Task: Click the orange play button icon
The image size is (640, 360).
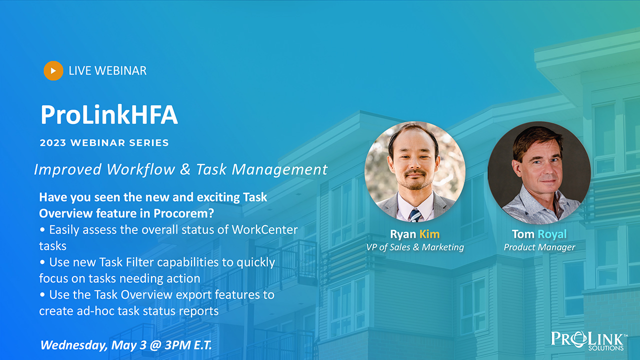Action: click(53, 70)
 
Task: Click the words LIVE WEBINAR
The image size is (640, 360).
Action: click(107, 71)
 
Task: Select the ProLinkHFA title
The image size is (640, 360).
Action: click(109, 115)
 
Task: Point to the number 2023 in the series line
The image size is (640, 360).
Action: click(53, 143)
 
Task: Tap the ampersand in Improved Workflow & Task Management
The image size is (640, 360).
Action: click(185, 169)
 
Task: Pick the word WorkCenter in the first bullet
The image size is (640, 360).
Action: click(265, 229)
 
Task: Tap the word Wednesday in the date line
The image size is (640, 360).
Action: click(74, 345)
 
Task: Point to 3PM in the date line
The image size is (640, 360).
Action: click(177, 345)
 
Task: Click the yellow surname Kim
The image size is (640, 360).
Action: click(429, 234)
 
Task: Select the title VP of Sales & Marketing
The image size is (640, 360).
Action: click(415, 247)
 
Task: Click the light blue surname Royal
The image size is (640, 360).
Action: click(552, 234)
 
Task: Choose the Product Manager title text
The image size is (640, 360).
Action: click(539, 247)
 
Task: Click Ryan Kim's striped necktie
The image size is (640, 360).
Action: click(415, 215)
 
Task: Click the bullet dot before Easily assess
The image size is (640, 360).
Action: click(42, 229)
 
